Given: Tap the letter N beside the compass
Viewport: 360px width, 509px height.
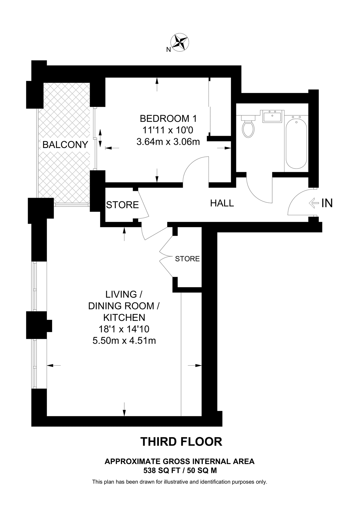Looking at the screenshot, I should coord(168,50).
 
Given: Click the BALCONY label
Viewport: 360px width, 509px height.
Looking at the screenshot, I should coord(65,145).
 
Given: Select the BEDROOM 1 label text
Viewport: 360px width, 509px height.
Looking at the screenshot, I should coord(168,118).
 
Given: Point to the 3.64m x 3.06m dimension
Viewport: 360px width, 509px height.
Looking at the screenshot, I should coord(168,141).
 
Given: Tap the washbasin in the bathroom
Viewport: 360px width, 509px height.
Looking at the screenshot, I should coord(272,116).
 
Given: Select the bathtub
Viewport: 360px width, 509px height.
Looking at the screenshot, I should coord(296,144).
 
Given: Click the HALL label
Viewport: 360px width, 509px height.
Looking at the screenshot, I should coord(222,203).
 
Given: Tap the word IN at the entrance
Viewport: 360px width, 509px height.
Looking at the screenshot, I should coord(327,203).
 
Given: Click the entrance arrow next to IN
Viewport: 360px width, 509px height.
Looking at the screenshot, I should coord(314,203).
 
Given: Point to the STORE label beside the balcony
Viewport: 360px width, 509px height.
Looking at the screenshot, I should coord(122,205).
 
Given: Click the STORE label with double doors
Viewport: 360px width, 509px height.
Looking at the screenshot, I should coord(187,259).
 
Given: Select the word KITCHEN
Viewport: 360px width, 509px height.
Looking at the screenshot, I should coord(124,318).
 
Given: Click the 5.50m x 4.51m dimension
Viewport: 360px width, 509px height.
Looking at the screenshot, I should coord(124,341).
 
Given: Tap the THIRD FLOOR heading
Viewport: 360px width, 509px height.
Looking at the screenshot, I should coord(181,442).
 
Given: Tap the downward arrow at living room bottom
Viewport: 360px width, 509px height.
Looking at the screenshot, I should coord(124,409).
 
